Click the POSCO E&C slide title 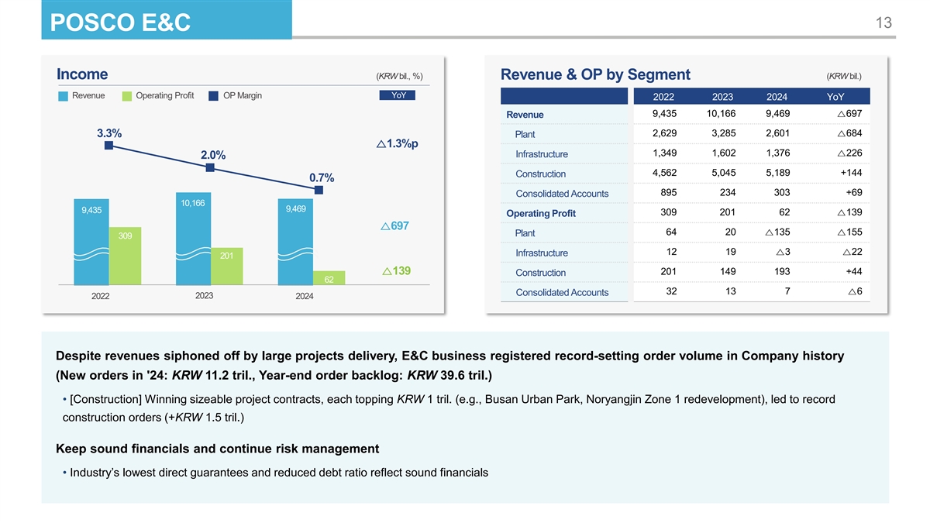120,24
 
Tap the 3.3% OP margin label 108,132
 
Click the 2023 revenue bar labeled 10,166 193,240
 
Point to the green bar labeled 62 329,278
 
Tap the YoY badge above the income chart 398,95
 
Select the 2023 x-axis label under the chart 205,296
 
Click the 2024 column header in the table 777,97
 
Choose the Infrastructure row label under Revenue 541,154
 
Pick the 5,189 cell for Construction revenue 777,173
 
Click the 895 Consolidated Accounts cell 670,193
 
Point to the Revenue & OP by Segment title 595,74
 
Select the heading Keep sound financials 217,449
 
